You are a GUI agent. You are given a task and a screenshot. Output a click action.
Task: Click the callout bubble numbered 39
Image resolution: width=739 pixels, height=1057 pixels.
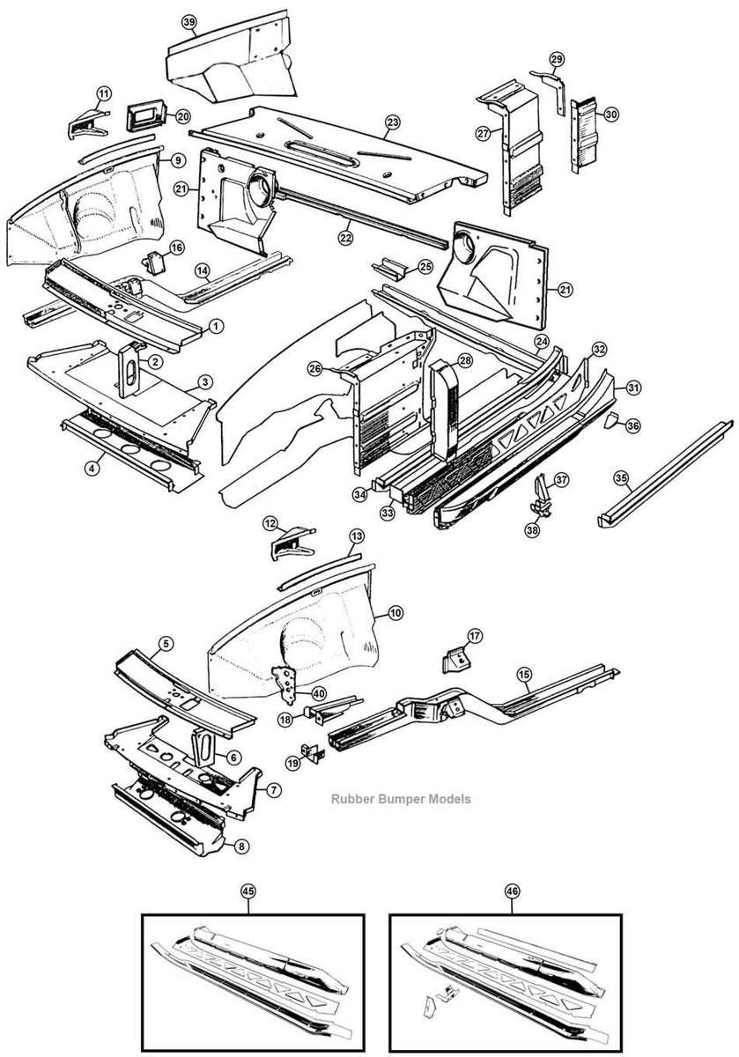tap(188, 21)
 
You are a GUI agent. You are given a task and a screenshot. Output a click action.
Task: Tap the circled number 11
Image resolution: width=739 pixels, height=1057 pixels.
tap(104, 93)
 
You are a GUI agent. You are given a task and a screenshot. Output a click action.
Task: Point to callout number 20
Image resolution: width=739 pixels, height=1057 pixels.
tap(182, 116)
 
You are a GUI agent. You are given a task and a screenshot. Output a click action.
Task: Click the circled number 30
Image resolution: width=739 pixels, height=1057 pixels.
tap(611, 114)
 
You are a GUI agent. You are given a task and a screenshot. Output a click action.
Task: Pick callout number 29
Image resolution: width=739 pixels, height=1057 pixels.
tap(556, 59)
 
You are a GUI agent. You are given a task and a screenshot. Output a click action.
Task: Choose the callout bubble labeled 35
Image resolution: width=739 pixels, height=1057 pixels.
tap(621, 478)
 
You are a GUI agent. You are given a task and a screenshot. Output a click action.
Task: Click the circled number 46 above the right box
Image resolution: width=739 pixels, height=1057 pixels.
tap(512, 891)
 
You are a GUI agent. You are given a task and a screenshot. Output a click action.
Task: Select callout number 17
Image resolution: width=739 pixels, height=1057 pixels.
tap(475, 636)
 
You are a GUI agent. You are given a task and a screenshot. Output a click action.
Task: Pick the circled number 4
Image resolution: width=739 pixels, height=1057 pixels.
tap(92, 468)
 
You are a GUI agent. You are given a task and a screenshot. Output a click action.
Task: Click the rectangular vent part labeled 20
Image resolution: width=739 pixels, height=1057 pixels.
tap(144, 115)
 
